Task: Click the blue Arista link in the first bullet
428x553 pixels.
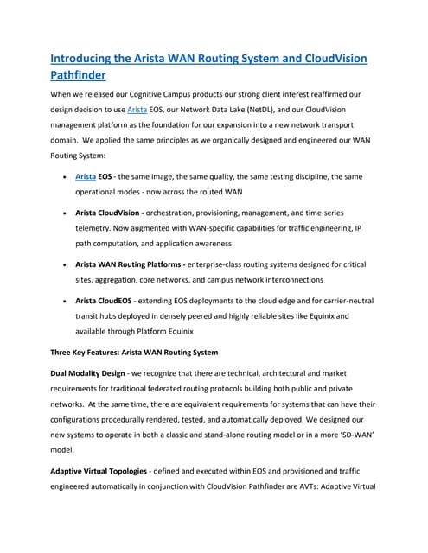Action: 86,176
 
